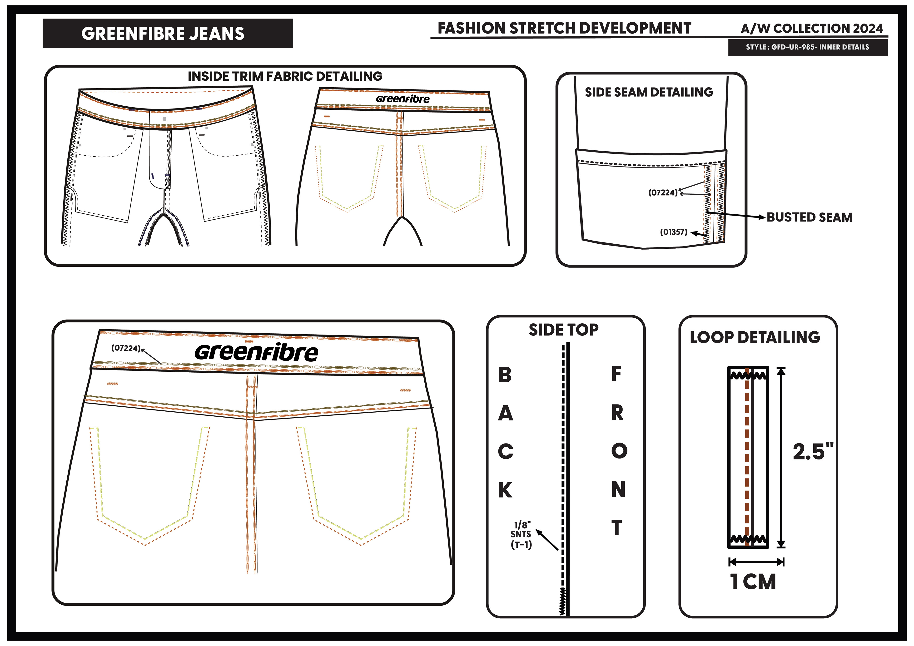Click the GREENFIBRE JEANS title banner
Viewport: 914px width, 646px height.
[167, 34]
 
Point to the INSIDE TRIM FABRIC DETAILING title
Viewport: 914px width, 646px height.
[285, 76]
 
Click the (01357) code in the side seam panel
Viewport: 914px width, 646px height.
[674, 232]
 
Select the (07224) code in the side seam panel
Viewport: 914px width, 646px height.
[663, 193]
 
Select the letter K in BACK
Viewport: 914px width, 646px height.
[505, 490]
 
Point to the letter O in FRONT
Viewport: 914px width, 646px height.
[619, 451]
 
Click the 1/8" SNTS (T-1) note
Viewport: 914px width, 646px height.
[521, 535]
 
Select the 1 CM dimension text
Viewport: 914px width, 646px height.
[753, 582]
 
